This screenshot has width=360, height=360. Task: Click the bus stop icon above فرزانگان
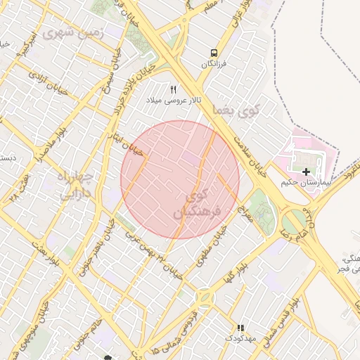point(213,53)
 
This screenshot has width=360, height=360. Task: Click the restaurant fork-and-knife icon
point(173,89)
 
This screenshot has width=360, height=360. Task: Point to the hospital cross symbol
point(306,172)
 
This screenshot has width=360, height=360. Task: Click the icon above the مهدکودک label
point(240,328)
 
